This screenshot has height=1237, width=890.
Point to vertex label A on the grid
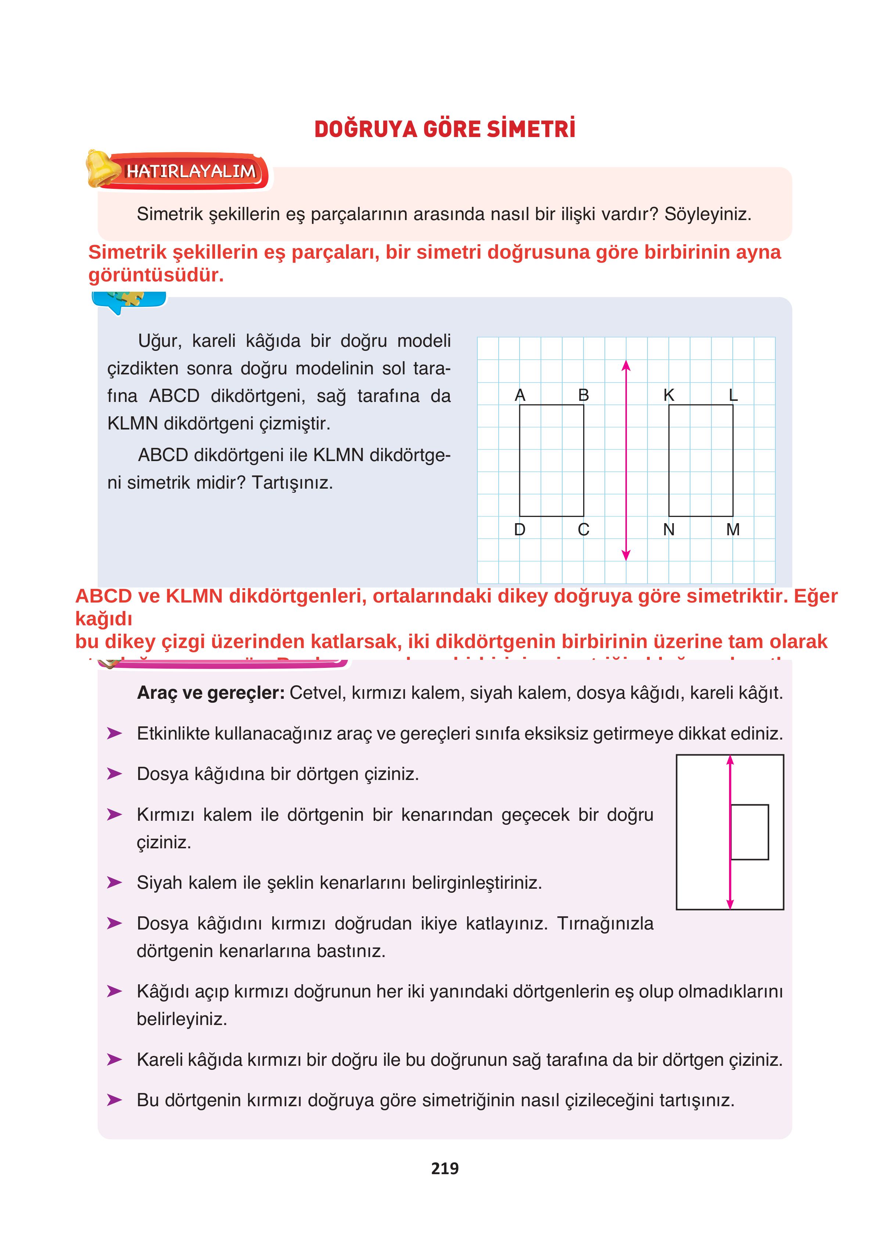tap(520, 395)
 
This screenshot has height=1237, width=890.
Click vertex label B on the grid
tap(583, 395)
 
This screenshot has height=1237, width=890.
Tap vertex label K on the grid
tap(668, 395)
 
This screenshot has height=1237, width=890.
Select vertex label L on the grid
tap(733, 395)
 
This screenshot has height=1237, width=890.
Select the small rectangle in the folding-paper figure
tap(749, 832)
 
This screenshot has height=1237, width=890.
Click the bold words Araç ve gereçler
tap(211, 693)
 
